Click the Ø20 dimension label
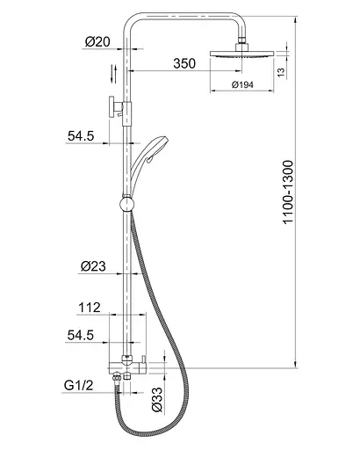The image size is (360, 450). coord(97,42)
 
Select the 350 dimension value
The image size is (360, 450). coord(184,63)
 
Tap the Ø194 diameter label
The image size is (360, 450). coord(242,84)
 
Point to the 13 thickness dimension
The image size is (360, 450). coord(281,72)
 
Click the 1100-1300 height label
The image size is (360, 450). coord(288,192)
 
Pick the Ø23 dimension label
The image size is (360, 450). coord(93,266)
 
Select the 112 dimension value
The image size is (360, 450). coord(90,308)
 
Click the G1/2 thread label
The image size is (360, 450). coord(78,385)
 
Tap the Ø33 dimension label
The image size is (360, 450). coord(157,399)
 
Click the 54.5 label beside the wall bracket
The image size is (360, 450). coord(81,136)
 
